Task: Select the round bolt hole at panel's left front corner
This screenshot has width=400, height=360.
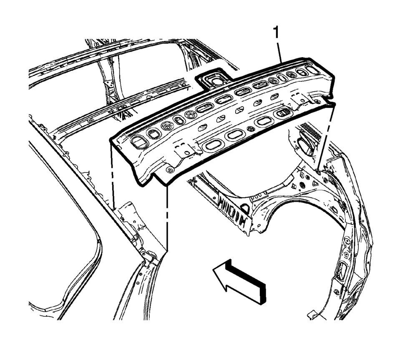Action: tap(169, 170)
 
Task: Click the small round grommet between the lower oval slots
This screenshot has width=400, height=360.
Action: tap(251, 129)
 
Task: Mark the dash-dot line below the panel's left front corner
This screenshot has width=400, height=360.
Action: tap(167, 217)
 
